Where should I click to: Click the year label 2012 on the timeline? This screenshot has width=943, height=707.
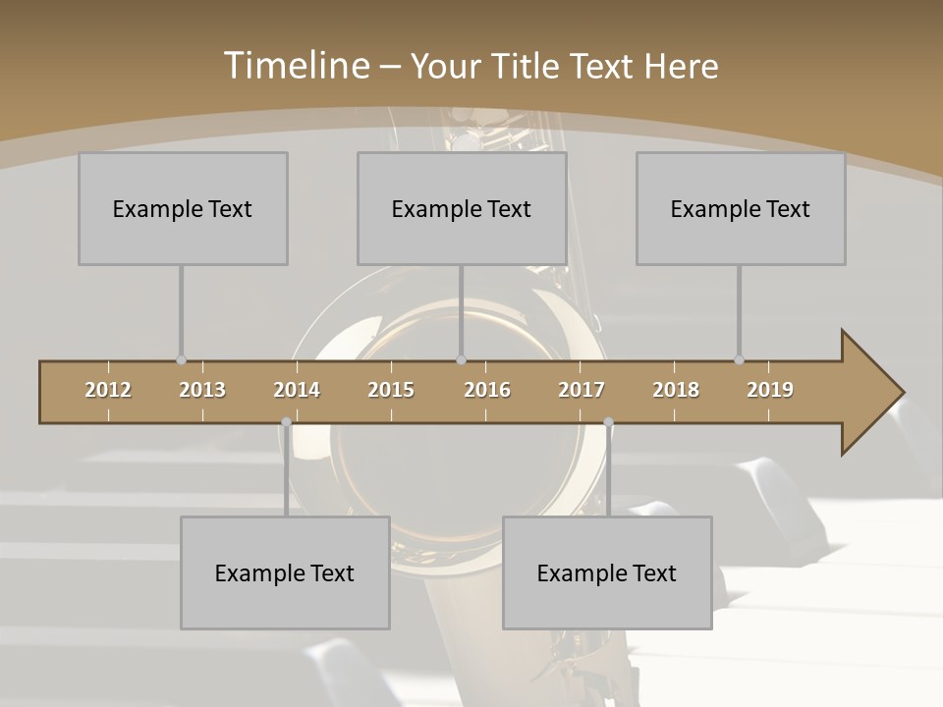click(108, 390)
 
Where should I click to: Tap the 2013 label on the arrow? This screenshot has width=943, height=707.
click(202, 390)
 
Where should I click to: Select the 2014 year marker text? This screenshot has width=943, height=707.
click(297, 390)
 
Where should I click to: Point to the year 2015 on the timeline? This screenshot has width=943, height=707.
click(391, 390)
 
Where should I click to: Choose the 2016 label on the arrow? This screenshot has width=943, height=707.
click(487, 390)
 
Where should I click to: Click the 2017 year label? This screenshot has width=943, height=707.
click(582, 390)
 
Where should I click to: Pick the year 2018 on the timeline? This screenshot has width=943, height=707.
click(676, 390)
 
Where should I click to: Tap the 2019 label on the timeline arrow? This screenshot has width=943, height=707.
click(770, 390)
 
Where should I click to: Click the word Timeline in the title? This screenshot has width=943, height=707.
click(295, 66)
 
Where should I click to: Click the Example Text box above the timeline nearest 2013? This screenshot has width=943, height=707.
click(183, 208)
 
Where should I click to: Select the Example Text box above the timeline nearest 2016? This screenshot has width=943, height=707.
click(462, 208)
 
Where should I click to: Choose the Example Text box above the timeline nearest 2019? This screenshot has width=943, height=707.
click(741, 208)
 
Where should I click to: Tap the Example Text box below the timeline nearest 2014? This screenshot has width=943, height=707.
click(285, 572)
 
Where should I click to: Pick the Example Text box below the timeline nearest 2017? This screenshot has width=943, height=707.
click(607, 572)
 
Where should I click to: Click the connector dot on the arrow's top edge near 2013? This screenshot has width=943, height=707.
click(181, 359)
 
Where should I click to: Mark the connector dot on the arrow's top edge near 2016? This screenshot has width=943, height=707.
click(462, 359)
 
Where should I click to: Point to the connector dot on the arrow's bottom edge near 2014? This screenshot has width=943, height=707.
click(286, 422)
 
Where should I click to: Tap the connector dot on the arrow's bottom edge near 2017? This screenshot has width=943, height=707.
click(608, 422)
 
